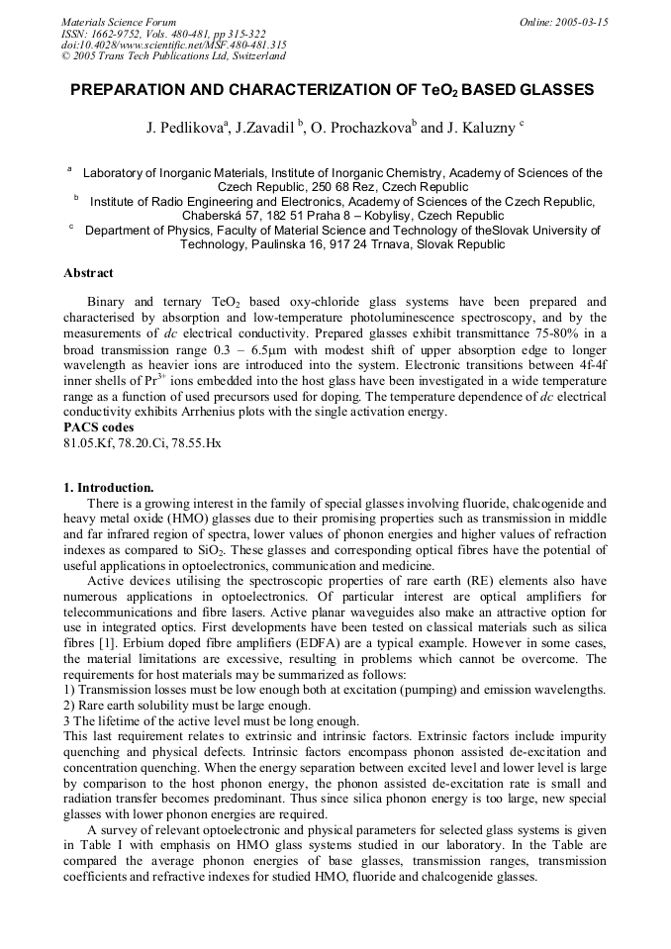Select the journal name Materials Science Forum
[119, 21]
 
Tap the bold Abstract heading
[88, 273]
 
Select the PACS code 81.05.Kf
[89, 442]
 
